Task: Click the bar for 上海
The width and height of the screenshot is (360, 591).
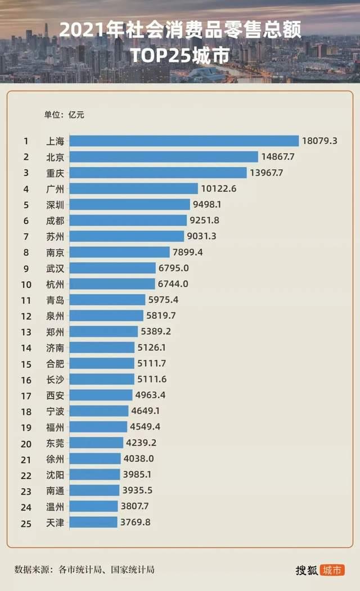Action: pos(185,141)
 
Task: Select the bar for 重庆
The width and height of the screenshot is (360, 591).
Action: pos(159,173)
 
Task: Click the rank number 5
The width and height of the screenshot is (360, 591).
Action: pos(26,205)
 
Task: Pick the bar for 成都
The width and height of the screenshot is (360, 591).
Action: pos(129,220)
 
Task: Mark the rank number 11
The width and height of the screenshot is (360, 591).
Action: pos(26,300)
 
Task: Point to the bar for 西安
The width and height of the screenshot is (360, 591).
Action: pos(102,395)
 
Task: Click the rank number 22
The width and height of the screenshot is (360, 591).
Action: pos(26,475)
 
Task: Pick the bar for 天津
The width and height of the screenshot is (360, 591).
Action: pos(94,522)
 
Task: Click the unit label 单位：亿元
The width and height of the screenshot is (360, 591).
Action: pos(64,115)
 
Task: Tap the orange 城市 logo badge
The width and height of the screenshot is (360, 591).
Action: pos(332,570)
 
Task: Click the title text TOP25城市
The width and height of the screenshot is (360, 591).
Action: pos(180,55)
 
